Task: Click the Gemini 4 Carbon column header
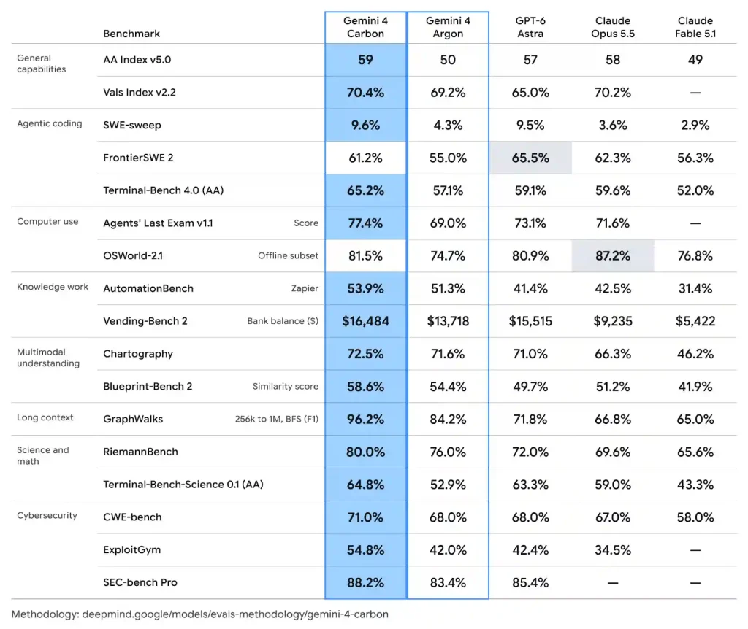click(365, 27)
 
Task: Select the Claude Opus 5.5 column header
click(613, 27)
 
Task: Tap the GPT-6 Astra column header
click(530, 27)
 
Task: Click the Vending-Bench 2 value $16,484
click(365, 321)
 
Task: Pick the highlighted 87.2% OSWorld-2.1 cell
click(613, 256)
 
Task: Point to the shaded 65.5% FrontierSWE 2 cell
click(530, 158)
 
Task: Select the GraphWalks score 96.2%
click(365, 420)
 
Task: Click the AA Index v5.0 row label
click(137, 60)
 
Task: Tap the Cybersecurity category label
click(47, 515)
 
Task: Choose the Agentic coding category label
click(50, 123)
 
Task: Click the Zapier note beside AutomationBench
click(305, 288)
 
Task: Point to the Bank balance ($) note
click(283, 321)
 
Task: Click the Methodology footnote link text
click(200, 614)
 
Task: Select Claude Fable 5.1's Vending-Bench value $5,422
click(695, 321)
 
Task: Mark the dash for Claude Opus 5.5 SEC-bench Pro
click(613, 582)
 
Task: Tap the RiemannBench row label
click(140, 452)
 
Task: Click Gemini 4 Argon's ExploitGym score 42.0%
click(448, 550)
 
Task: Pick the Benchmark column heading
click(131, 34)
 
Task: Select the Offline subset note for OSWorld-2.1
click(288, 256)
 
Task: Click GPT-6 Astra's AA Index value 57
click(530, 60)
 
